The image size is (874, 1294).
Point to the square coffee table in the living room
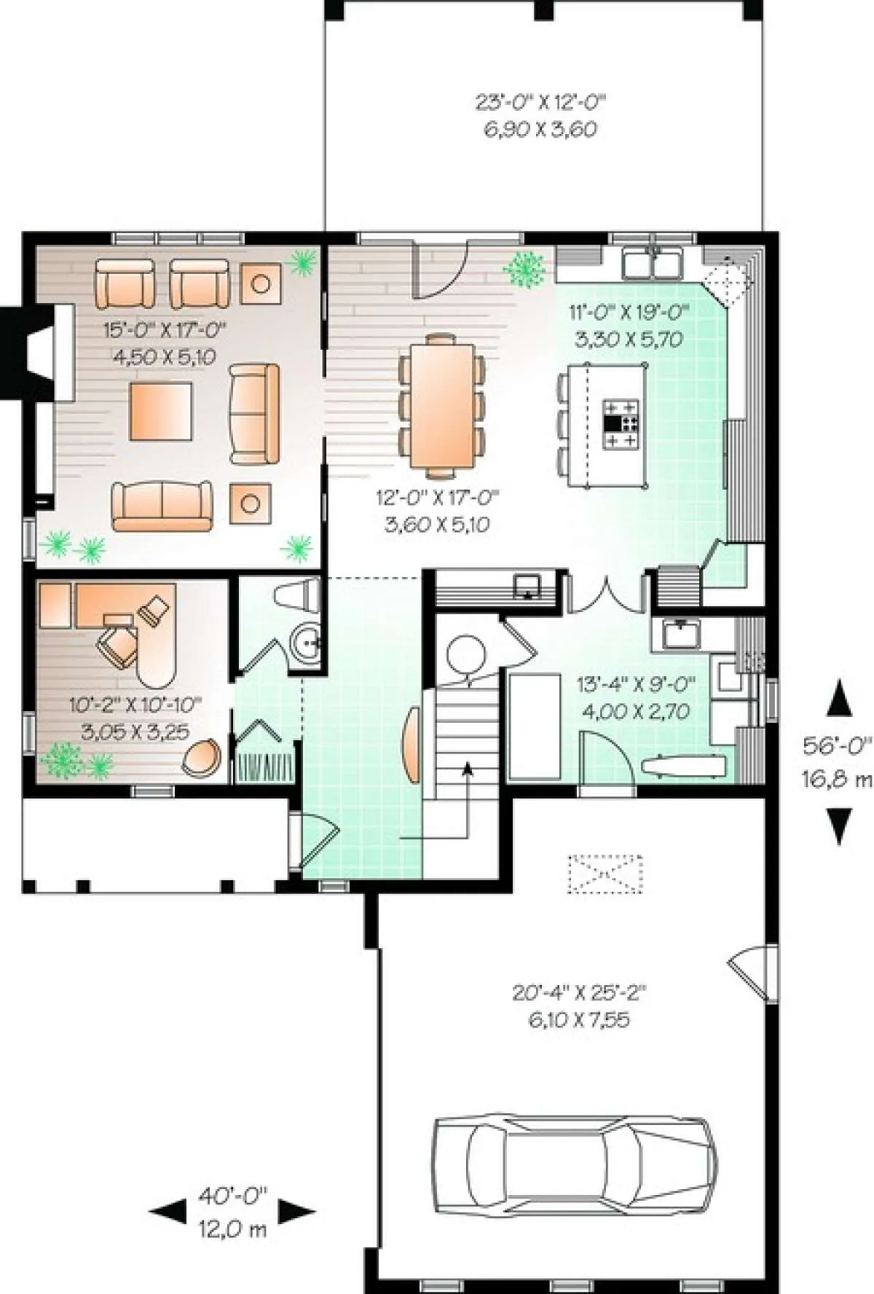[x=161, y=411]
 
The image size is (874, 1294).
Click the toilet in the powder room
[x=298, y=595]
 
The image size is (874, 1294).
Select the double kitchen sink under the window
[x=652, y=263]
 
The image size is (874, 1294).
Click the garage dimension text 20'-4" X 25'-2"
[x=580, y=992]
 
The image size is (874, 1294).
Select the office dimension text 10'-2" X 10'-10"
[x=135, y=705]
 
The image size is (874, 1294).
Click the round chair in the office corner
[x=201, y=758]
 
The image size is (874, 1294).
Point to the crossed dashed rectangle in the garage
[x=605, y=874]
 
